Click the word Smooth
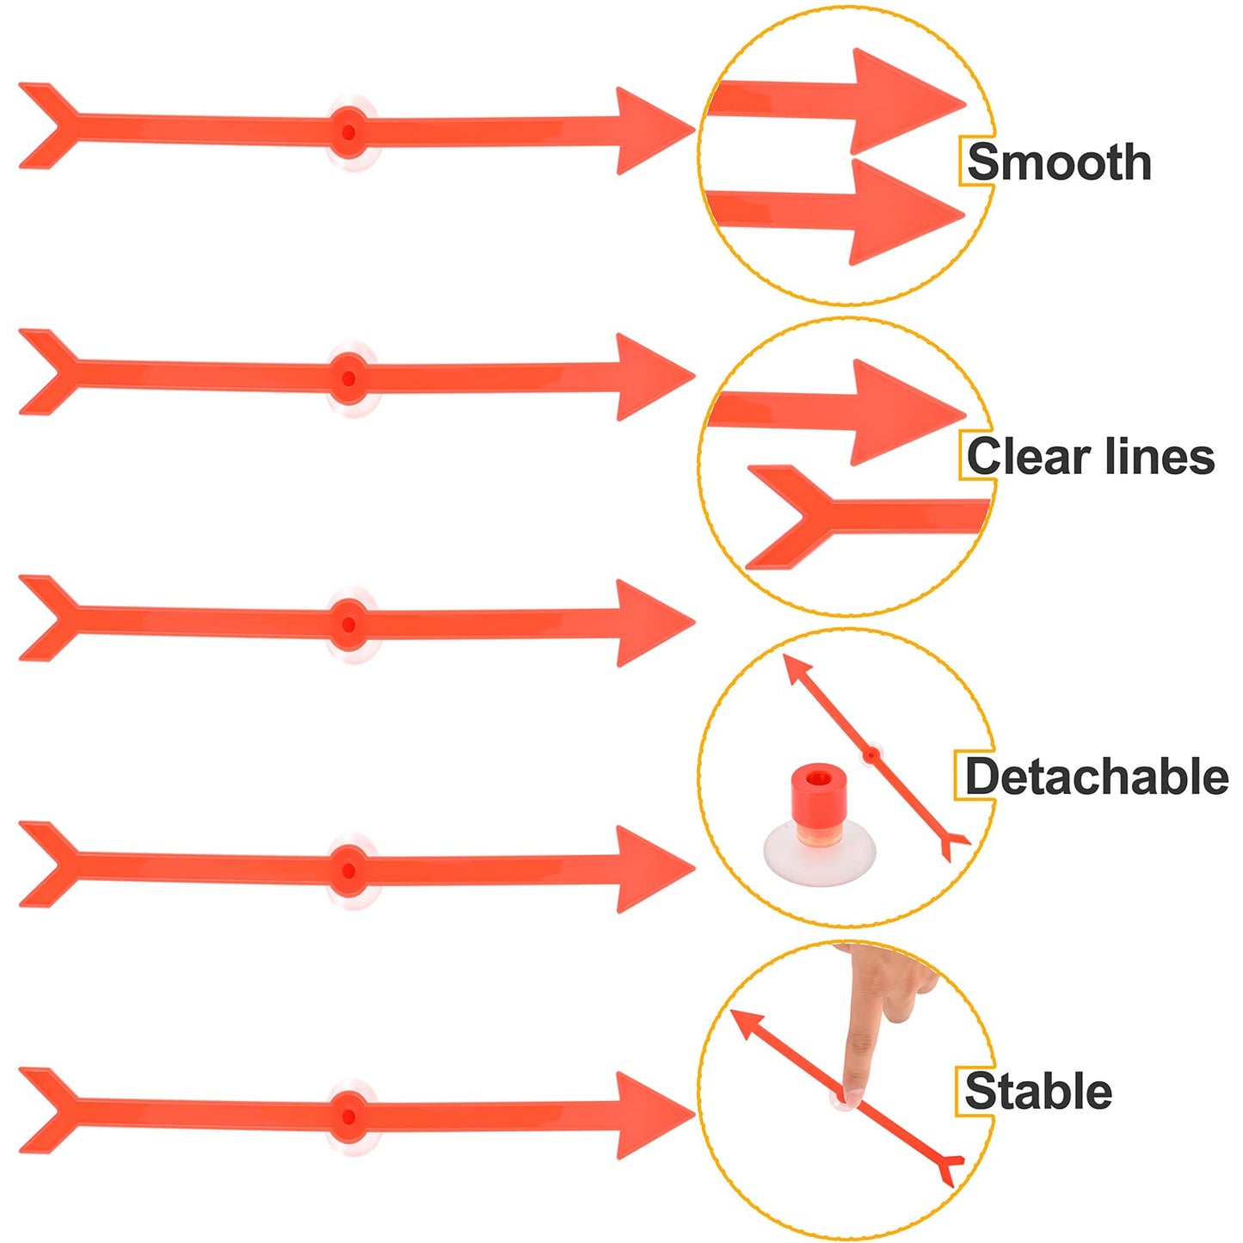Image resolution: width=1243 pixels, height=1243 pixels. (x=1059, y=163)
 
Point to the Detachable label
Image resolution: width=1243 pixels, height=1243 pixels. (x=1096, y=777)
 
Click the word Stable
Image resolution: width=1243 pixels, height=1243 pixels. (x=1038, y=1091)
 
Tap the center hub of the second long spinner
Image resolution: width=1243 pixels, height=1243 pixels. (x=348, y=378)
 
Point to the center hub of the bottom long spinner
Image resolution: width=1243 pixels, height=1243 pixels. (x=348, y=1117)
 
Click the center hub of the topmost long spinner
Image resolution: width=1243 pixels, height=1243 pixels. (x=348, y=132)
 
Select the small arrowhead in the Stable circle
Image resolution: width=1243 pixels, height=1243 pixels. (x=747, y=1024)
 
